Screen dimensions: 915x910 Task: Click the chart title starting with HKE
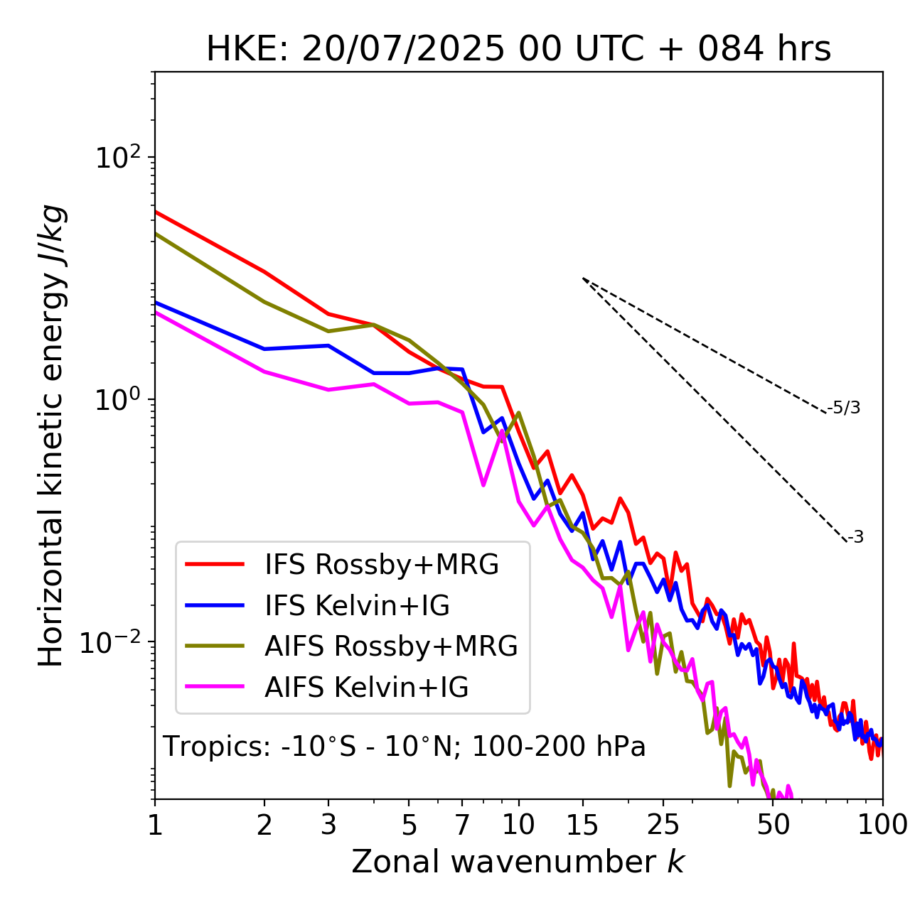(x=518, y=50)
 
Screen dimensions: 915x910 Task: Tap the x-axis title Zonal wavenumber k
(x=518, y=862)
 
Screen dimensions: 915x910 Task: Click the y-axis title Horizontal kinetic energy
(x=52, y=435)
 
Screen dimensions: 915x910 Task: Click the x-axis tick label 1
(x=155, y=825)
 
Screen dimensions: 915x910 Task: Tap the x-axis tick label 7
(x=462, y=825)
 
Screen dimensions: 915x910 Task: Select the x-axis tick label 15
(x=583, y=825)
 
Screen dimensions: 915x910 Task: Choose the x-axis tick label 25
(x=663, y=825)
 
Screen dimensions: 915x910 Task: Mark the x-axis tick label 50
(x=773, y=825)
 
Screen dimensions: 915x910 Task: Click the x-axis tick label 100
(x=882, y=825)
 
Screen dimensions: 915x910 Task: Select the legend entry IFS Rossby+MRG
(x=381, y=565)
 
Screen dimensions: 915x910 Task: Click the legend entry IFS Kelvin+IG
(x=357, y=606)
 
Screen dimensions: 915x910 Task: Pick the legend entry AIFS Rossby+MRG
(x=391, y=646)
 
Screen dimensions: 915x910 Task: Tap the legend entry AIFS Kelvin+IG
(x=366, y=688)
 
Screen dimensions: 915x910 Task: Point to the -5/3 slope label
(x=844, y=408)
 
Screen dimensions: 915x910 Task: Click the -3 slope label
(x=855, y=538)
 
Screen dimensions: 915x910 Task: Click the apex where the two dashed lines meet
(x=583, y=278)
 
